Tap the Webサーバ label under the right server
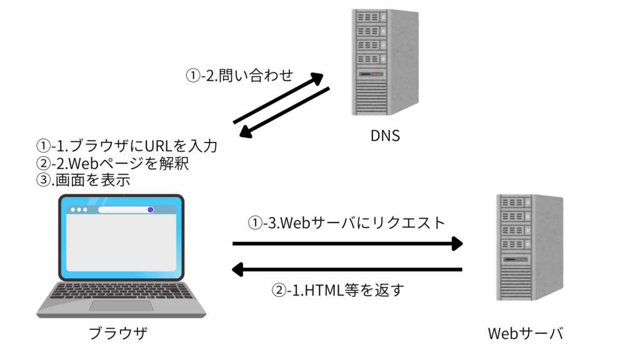(526, 334)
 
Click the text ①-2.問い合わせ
(239, 76)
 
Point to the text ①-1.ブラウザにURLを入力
(127, 146)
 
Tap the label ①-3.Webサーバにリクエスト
(347, 222)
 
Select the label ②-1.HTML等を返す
(338, 290)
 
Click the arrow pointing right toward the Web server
(347, 243)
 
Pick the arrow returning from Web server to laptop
(347, 270)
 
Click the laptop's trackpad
(121, 306)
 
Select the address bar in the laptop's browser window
(126, 210)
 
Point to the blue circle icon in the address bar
(151, 210)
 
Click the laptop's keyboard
(121, 291)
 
